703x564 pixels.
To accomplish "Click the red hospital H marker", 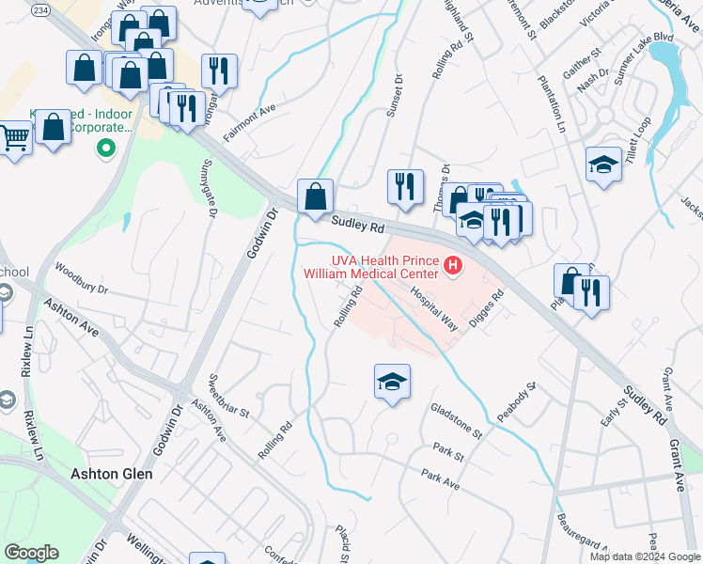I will click(454, 266).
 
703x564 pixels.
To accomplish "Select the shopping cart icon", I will click(15, 138).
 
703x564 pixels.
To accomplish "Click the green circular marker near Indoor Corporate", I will click(105, 148).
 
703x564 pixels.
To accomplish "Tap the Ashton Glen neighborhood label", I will click(111, 474).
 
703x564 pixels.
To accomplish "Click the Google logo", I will click(31, 553).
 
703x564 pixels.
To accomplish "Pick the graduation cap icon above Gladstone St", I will click(392, 382).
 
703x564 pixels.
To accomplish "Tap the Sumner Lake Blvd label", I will click(644, 57).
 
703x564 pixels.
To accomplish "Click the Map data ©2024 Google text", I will click(644, 556).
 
